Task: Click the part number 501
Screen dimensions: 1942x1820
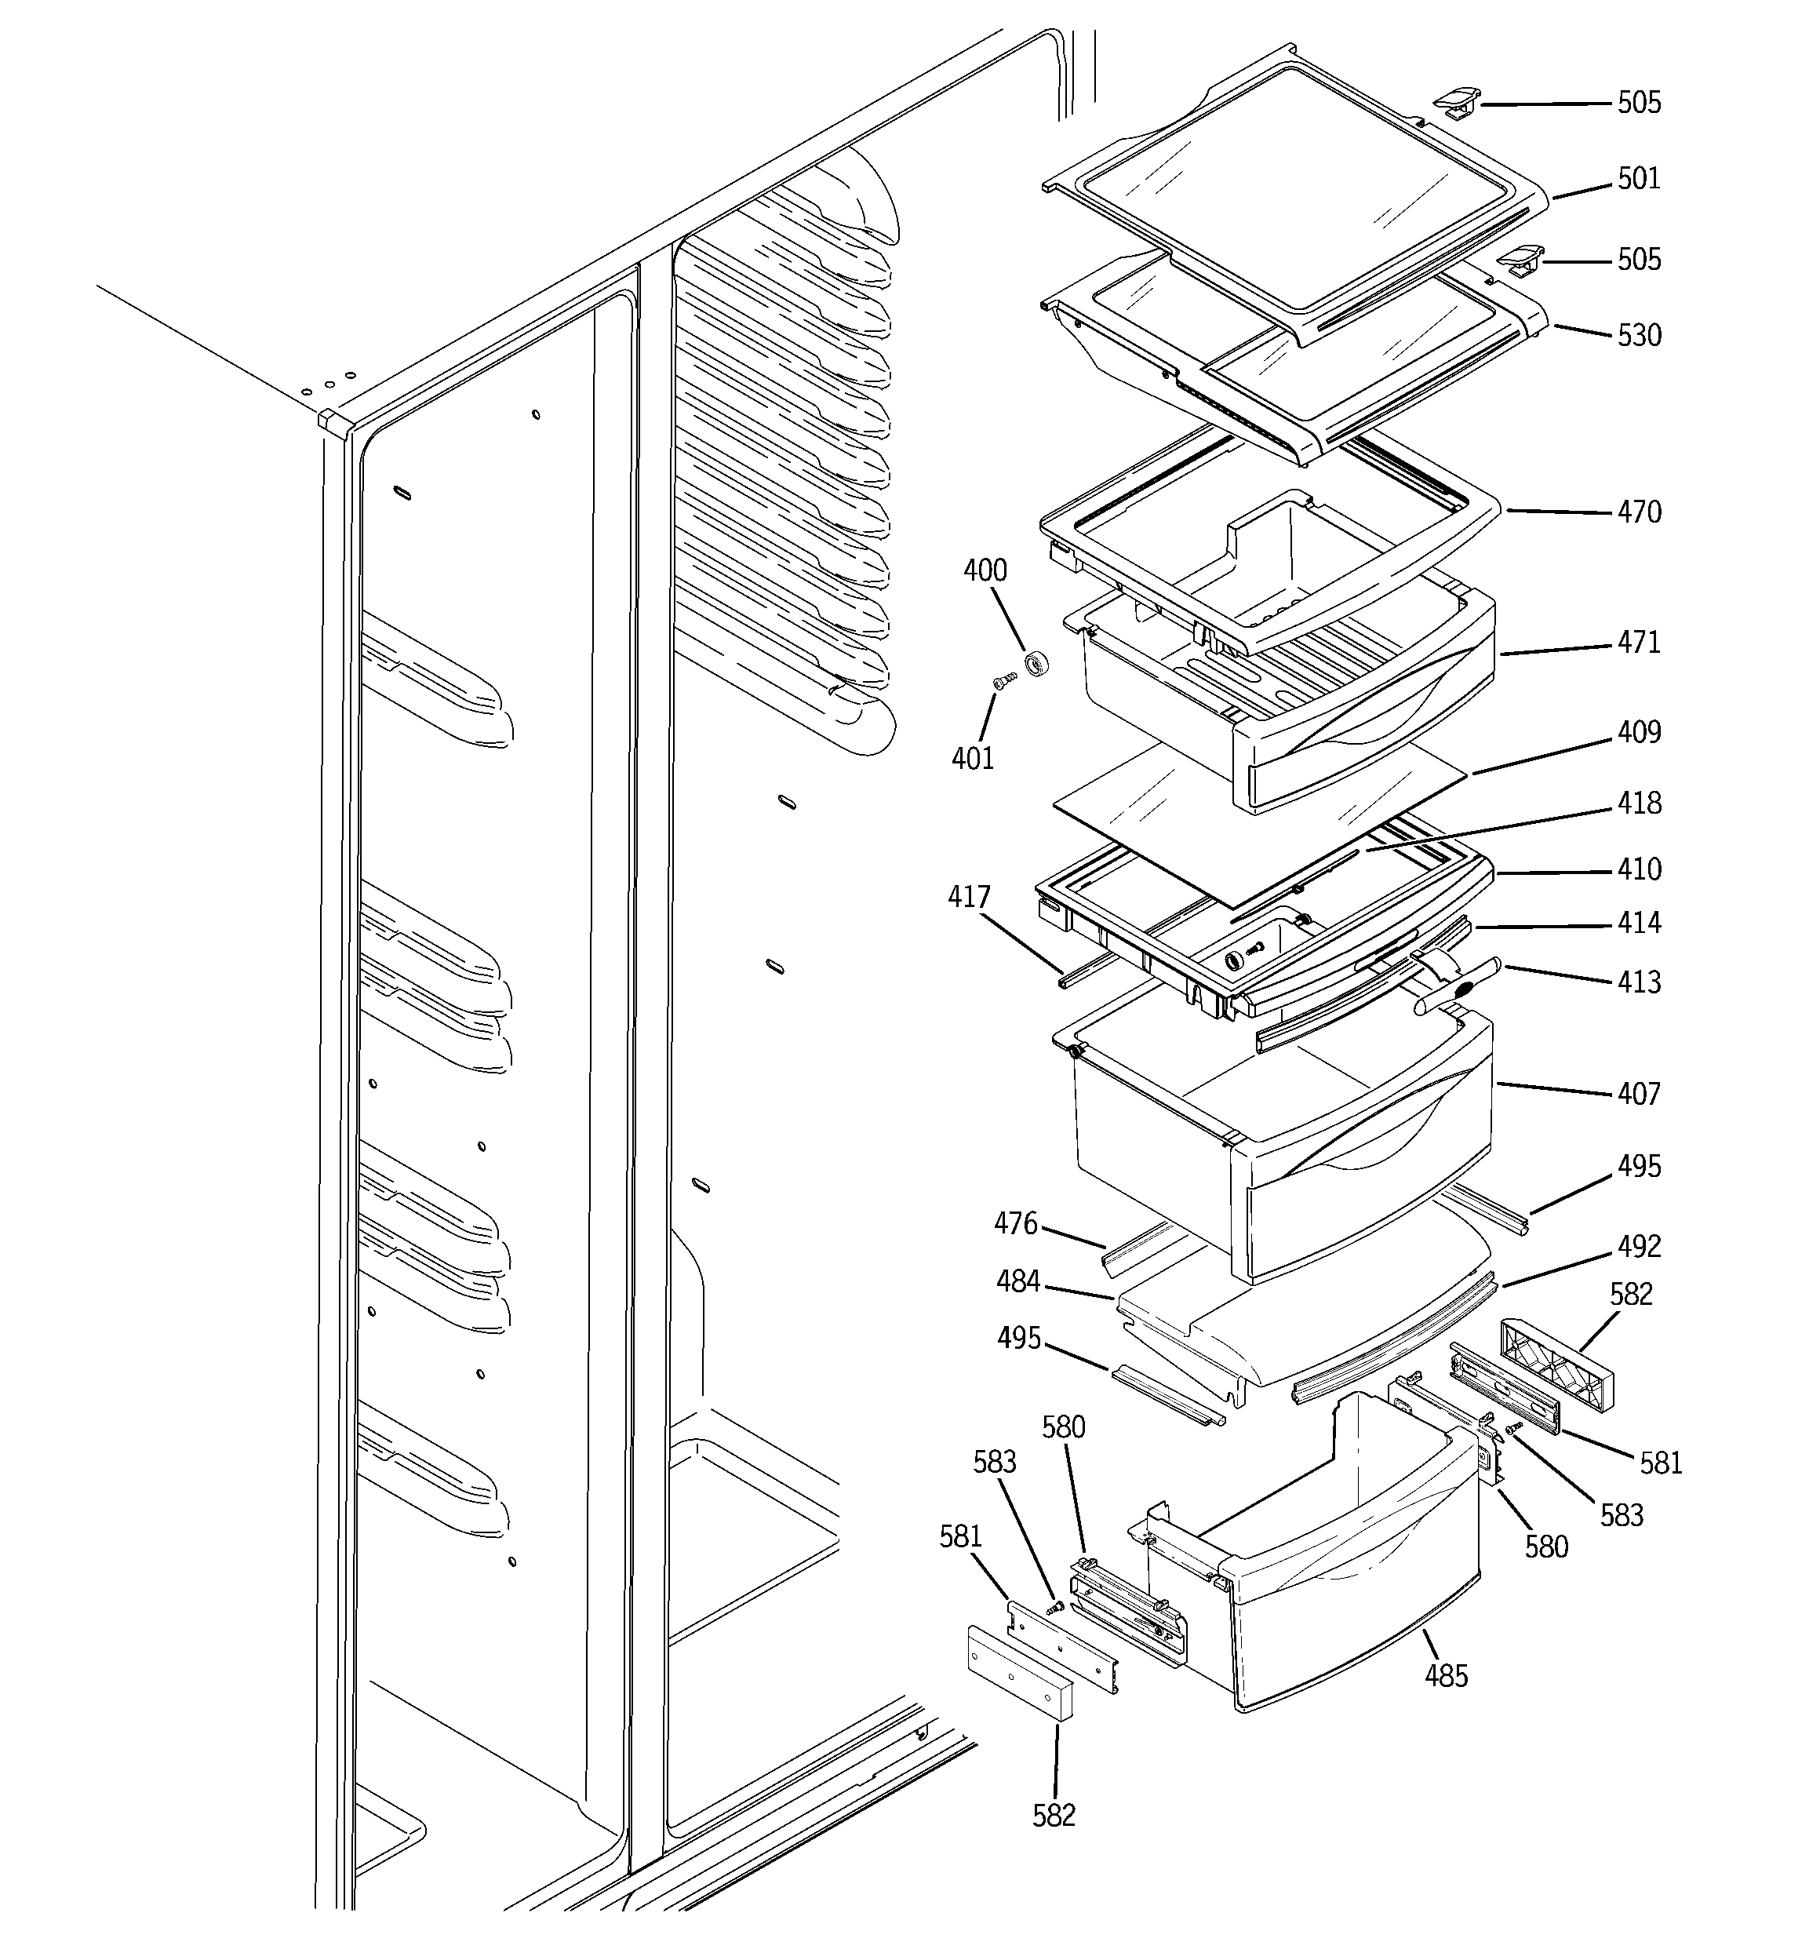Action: tap(1638, 179)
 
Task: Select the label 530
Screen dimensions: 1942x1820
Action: tap(1638, 335)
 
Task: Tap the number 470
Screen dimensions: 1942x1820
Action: tap(1638, 512)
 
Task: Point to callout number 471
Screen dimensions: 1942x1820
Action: tap(1638, 643)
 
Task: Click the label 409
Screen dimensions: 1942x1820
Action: tap(1638, 731)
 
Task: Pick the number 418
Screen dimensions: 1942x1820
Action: tap(1638, 803)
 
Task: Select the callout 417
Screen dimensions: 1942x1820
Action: tap(968, 897)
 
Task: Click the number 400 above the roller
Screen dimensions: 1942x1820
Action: tap(985, 570)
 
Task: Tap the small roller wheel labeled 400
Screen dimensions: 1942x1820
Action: tap(1036, 665)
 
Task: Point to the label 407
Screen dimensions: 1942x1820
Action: tap(1638, 1093)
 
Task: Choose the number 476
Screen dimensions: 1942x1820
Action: tap(1015, 1223)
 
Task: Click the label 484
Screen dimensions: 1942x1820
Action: tap(1018, 1281)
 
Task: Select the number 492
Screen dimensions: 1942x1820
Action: tap(1638, 1247)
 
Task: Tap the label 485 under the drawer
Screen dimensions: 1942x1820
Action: tap(1446, 1676)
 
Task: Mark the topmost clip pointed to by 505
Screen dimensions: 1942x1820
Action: tap(1456, 101)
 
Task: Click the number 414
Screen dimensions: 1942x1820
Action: tap(1638, 923)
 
